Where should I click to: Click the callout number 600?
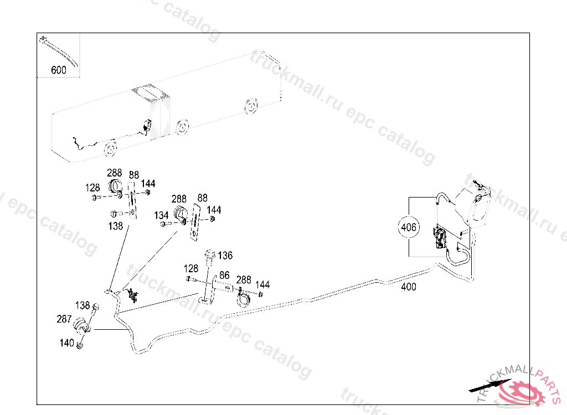point(58,70)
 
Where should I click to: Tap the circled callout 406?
point(410,227)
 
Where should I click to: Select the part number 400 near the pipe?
point(409,287)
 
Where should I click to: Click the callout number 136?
point(225,256)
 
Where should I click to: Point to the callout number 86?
point(224,275)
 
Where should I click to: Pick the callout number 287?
point(64,319)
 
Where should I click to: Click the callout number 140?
point(66,343)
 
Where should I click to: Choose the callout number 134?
point(161,215)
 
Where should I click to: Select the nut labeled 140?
point(80,345)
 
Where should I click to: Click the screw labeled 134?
point(163,224)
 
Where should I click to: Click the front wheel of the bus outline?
point(110,148)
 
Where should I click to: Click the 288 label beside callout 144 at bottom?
point(244,280)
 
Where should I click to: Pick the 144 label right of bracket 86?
point(262,285)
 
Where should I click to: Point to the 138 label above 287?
point(83,305)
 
